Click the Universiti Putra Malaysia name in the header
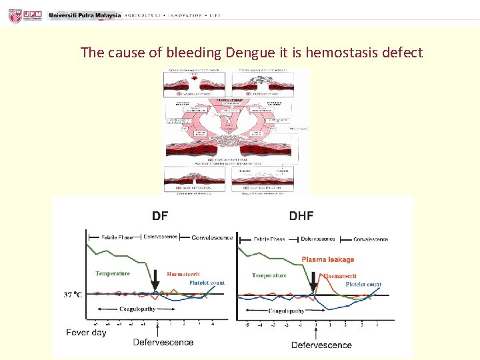click(x=85, y=15)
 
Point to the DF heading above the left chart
click(x=160, y=215)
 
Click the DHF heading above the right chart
click(x=301, y=215)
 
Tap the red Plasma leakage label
click(x=328, y=259)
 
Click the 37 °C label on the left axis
click(x=73, y=294)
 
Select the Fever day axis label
click(x=86, y=332)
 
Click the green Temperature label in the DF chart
click(x=113, y=273)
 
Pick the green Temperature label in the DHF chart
click(x=269, y=275)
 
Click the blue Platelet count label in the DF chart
click(x=207, y=283)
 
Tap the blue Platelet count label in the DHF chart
click(x=363, y=285)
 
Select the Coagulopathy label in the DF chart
click(x=137, y=309)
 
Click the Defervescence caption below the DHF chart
click(x=321, y=345)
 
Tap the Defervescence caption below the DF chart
click(x=163, y=342)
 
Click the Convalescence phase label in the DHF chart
click(x=371, y=239)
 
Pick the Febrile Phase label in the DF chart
click(x=117, y=237)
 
